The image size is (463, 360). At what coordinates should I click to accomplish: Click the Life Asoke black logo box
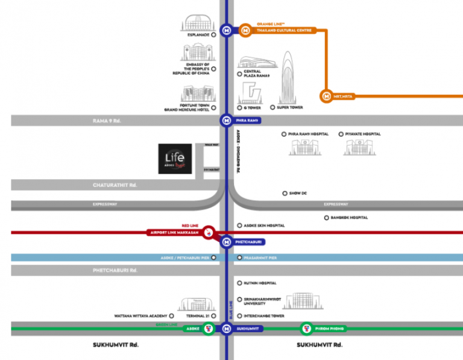point(175,159)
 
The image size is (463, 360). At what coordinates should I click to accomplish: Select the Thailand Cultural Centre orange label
point(284,30)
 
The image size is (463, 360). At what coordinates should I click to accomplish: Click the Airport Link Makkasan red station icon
point(208,232)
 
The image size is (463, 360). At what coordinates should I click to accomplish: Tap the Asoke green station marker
point(208,329)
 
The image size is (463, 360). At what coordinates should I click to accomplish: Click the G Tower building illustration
point(250,93)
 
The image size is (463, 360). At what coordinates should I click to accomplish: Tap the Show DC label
point(298,193)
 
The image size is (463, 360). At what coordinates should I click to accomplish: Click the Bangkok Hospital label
point(349,217)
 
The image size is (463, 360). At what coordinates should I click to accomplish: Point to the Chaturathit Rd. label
point(115,185)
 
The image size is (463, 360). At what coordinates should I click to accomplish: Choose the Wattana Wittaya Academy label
point(140,315)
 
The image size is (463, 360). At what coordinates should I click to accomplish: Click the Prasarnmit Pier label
point(260,257)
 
